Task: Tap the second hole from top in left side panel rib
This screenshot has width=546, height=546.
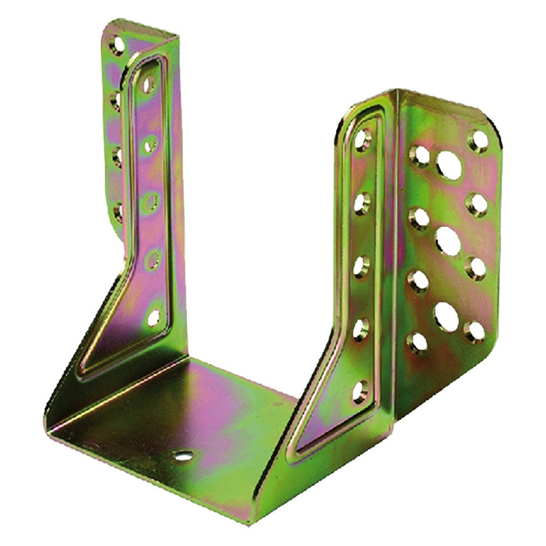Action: pos(150,144)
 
